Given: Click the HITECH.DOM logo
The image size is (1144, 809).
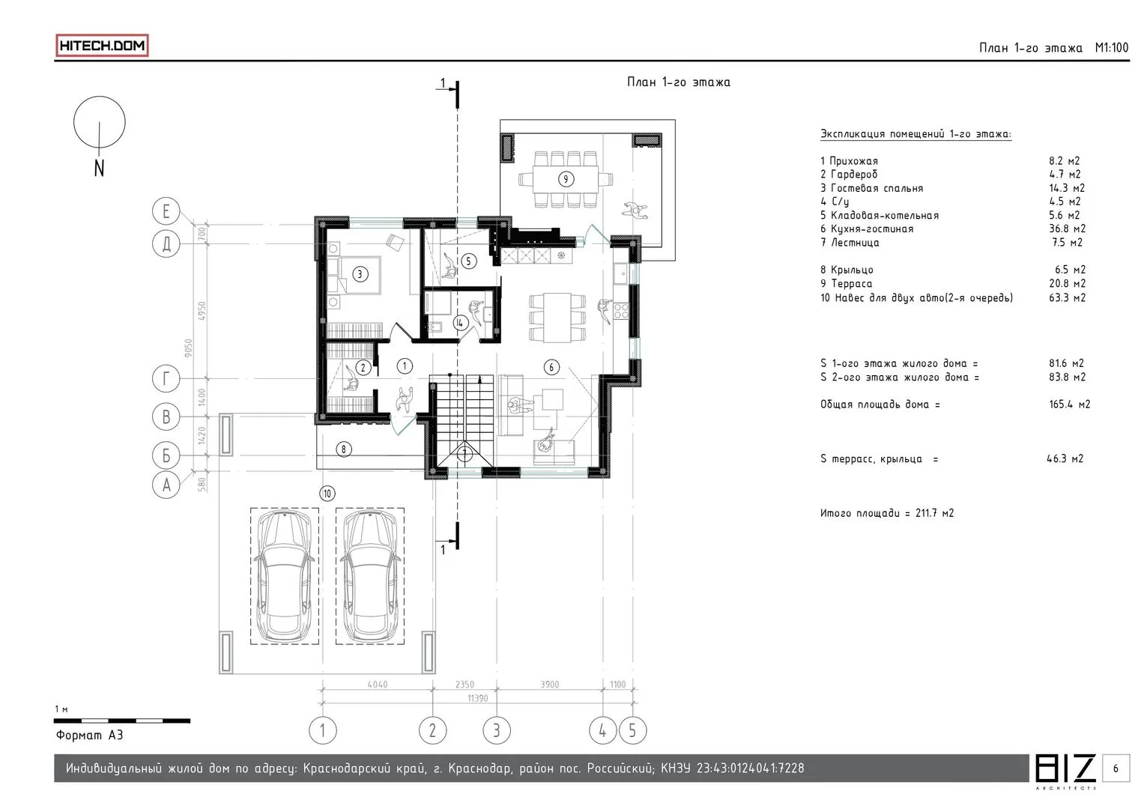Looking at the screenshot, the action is [102, 46].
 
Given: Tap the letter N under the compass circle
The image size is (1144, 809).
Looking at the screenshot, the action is [99, 168].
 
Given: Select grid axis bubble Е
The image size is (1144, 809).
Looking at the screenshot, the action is [166, 211].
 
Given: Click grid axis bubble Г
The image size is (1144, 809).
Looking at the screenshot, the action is [166, 379].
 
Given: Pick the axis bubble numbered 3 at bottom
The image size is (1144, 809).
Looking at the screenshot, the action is [497, 730].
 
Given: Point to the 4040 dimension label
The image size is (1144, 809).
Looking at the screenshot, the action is [378, 685].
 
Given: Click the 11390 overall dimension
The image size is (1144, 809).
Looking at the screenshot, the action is [477, 698].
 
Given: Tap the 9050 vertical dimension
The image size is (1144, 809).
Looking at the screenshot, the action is [189, 348].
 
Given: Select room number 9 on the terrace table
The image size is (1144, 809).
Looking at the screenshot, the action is [566, 179].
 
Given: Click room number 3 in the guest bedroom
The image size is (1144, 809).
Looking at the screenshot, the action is [360, 274].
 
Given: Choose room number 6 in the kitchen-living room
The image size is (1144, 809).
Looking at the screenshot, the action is [551, 367].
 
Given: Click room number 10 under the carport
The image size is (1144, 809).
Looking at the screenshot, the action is [327, 494].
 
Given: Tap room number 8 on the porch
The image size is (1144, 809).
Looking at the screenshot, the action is [344, 449].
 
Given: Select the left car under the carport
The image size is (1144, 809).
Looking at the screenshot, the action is [284, 577].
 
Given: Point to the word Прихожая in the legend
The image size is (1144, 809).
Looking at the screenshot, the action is [853, 161].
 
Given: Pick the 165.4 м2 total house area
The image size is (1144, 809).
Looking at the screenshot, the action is [1069, 404].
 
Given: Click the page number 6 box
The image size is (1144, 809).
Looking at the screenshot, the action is [1116, 768].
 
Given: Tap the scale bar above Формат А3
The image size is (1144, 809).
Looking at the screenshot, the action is [122, 721].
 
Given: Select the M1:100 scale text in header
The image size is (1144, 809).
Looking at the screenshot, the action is [1111, 48].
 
